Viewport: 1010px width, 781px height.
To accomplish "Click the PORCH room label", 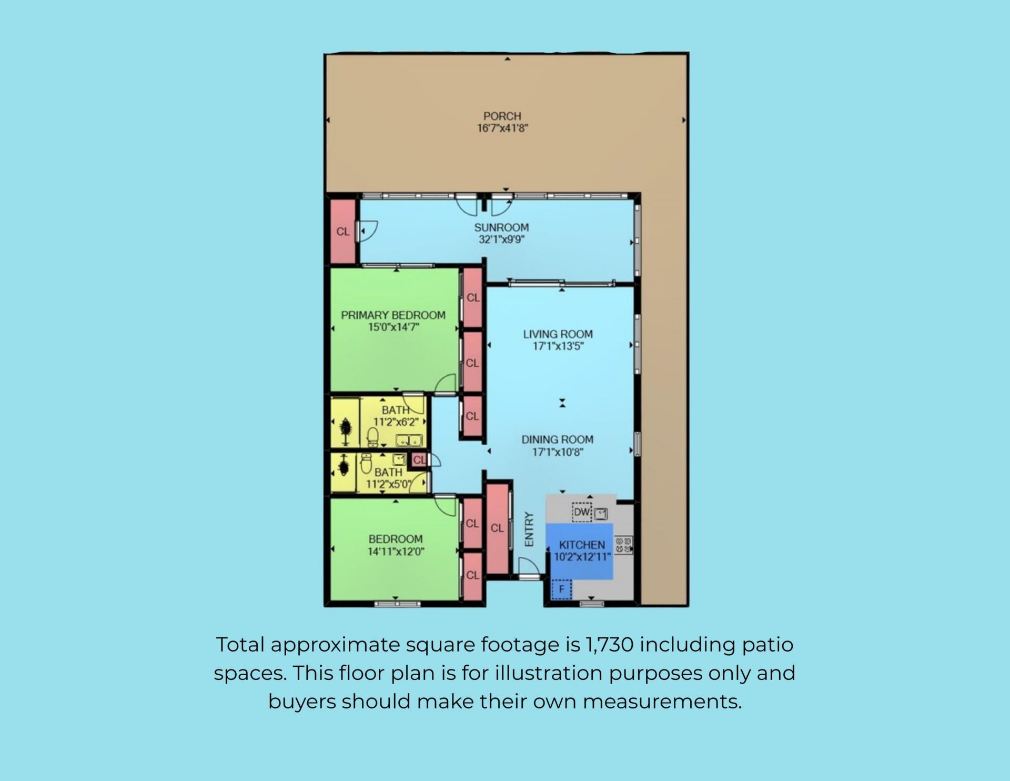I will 502,116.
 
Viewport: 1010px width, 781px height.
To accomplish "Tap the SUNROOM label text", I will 501,227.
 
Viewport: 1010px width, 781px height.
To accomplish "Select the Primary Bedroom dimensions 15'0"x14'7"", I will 393,327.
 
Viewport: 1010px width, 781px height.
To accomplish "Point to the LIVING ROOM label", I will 558,334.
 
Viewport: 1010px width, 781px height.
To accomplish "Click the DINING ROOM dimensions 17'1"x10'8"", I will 558,452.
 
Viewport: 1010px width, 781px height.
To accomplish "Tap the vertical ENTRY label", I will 529,529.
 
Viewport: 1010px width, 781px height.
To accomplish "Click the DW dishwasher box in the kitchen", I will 582,512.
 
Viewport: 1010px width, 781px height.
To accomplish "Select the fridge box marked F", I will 561,589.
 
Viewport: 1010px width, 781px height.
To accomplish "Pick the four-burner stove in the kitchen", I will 623,545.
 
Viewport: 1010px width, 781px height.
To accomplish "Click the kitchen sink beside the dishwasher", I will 601,513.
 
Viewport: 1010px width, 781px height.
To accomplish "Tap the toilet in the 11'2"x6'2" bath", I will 372,437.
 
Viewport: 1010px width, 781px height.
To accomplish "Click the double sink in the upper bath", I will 409,440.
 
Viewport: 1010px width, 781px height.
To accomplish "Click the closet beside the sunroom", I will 343,231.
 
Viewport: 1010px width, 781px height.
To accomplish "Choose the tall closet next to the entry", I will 497,528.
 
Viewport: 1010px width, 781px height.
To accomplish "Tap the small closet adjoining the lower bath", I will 418,460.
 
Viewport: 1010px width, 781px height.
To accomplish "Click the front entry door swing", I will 529,567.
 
